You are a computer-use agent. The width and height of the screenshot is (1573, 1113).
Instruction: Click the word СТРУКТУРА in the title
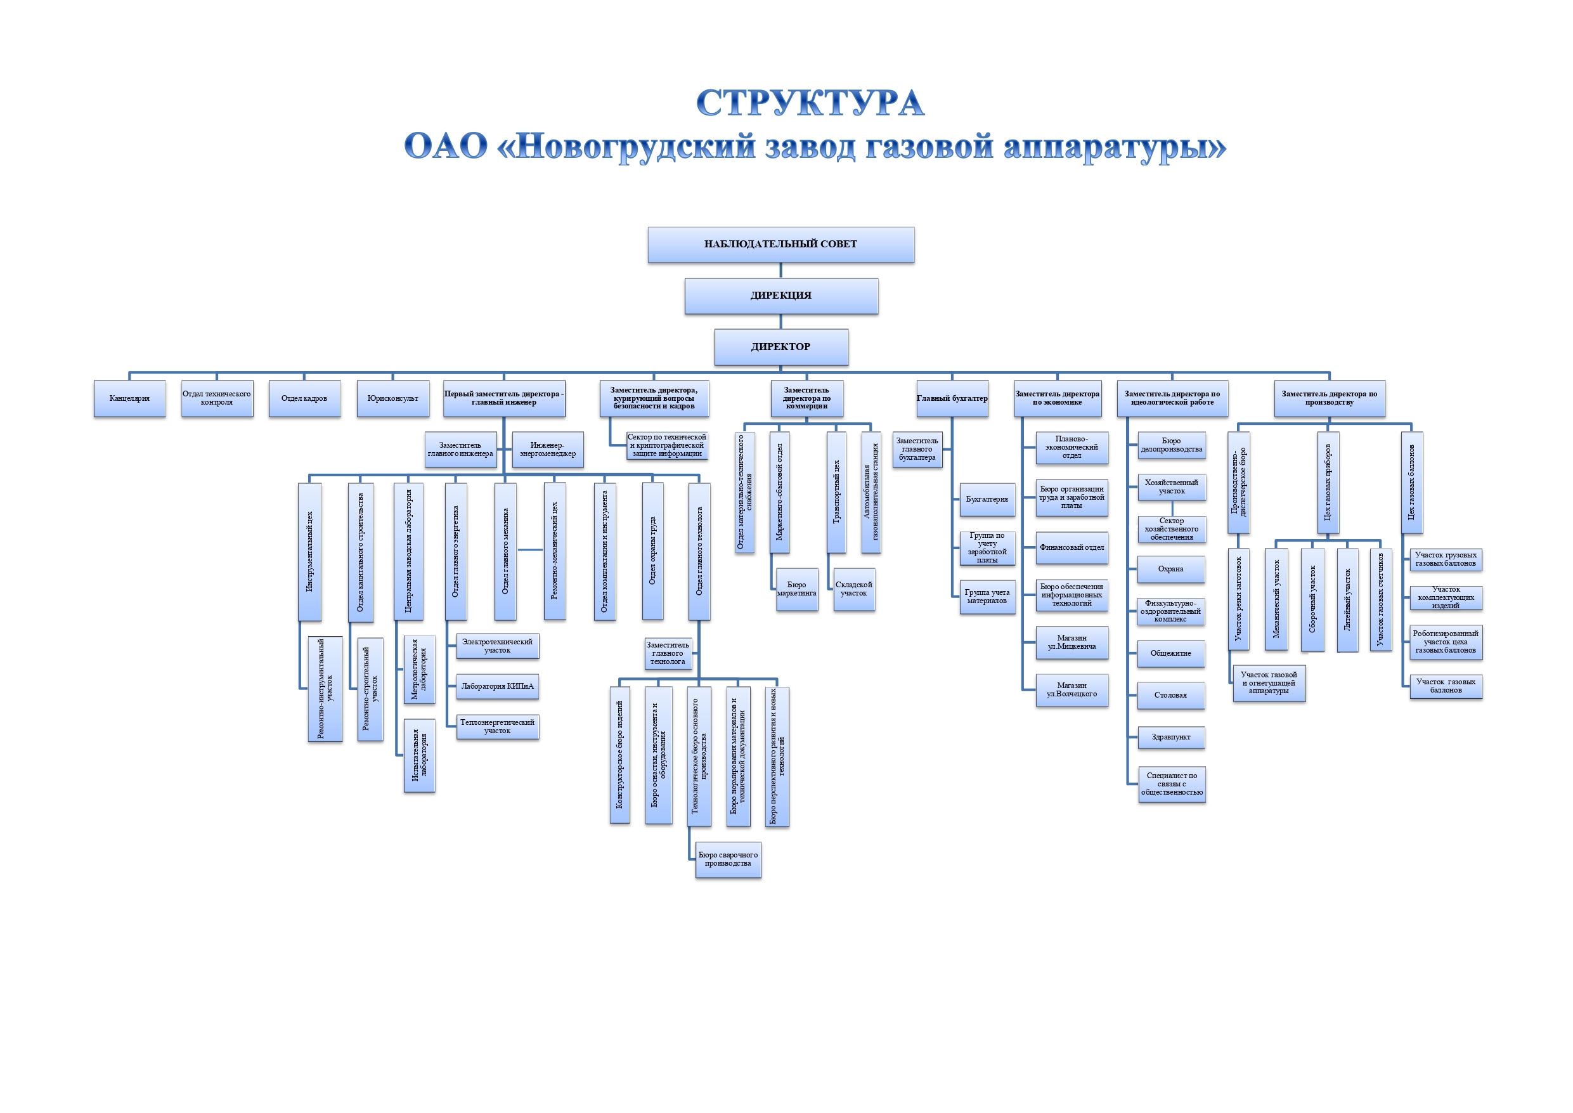coord(810,103)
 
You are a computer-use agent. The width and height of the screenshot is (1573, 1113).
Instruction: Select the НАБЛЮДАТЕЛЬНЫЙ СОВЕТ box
coord(780,245)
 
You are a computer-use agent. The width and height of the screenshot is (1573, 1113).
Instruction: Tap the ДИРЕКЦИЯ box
coord(781,296)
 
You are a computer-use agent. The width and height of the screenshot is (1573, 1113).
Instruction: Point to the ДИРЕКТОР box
coord(781,347)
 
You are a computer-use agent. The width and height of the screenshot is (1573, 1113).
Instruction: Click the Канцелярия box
coord(129,398)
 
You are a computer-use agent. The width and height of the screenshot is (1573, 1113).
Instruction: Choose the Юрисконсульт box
coord(392,398)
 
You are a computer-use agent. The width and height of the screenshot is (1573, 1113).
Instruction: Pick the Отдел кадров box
coord(304,398)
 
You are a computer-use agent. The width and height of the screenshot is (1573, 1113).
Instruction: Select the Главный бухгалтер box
coord(952,398)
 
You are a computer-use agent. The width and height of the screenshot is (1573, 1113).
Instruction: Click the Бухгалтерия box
coord(987,500)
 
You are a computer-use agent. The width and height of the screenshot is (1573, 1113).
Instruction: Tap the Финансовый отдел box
coord(1071,547)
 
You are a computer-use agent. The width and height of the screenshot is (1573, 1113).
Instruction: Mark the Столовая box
coord(1171,695)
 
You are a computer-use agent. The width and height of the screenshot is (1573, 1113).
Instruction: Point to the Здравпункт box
coord(1171,738)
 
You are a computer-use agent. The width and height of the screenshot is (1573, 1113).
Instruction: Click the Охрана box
coord(1171,569)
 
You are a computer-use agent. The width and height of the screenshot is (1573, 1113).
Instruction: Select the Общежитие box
coord(1171,653)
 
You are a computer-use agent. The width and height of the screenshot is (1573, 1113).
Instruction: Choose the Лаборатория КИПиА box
coord(497,686)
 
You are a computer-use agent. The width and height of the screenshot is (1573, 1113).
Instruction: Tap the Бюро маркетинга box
coord(797,589)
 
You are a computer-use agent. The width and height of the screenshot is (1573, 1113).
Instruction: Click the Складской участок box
coord(853,589)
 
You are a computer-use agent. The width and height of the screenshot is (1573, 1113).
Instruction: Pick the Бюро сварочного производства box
coord(728,859)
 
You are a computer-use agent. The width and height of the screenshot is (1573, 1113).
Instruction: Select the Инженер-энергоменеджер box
coord(547,450)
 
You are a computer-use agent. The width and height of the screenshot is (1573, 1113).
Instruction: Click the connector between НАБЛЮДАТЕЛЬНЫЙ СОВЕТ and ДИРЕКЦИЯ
coord(781,271)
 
